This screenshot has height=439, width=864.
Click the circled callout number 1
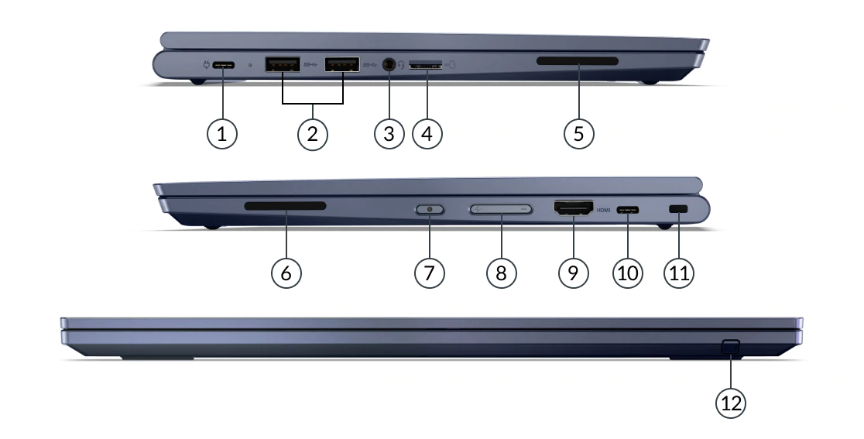[222, 133]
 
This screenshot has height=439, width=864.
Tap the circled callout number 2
[313, 133]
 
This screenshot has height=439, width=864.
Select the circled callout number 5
[578, 133]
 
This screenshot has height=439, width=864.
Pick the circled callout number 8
[501, 272]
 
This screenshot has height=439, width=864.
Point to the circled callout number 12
[731, 403]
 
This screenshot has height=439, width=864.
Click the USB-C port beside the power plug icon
[223, 65]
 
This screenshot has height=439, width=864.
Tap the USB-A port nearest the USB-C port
[283, 64]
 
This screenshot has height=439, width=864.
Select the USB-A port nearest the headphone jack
[342, 64]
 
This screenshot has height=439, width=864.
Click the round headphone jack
[389, 64]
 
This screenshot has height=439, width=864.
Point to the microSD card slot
[426, 66]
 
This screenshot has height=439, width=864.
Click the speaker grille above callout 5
[578, 60]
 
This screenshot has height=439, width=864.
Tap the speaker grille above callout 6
[286, 206]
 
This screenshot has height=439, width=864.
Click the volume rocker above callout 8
[502, 209]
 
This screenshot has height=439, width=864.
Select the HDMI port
[574, 208]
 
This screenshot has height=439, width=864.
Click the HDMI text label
[603, 210]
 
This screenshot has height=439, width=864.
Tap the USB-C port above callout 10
[628, 209]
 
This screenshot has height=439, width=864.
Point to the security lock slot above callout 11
[678, 209]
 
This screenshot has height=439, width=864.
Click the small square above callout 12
[730, 347]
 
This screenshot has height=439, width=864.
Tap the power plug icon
[207, 65]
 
